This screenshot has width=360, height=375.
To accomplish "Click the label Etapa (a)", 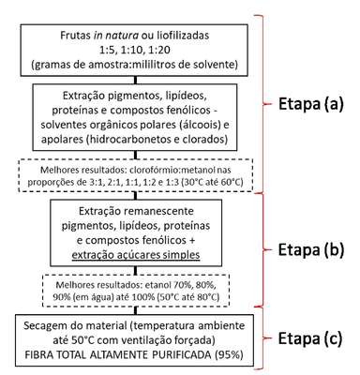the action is pyautogui.click(x=311, y=104).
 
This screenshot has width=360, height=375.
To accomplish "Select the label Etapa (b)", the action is pyautogui.click(x=311, y=249).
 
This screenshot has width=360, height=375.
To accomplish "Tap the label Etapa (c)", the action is pyautogui.click(x=310, y=338).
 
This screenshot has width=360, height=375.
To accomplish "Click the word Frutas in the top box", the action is pyautogui.click(x=75, y=36).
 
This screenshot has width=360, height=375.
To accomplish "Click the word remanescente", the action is pyautogui.click(x=158, y=211).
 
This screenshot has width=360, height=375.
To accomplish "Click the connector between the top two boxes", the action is pyautogui.click(x=135, y=80).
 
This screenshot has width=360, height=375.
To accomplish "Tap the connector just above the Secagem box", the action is pyautogui.click(x=135, y=310).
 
